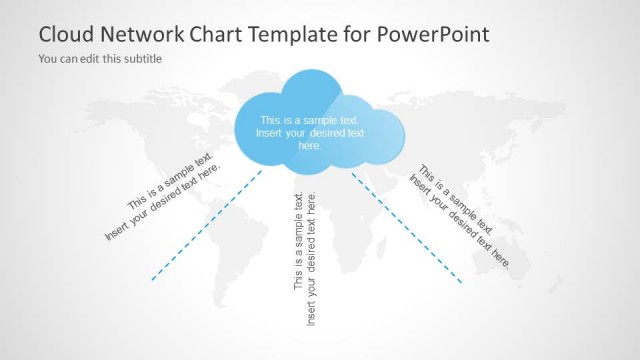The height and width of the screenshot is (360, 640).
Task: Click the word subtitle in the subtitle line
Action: click(x=141, y=59)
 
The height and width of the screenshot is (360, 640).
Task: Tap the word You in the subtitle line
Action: click(x=48, y=59)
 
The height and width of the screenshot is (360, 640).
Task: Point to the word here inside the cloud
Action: click(x=311, y=145)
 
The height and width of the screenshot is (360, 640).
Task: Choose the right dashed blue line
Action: click(x=407, y=227)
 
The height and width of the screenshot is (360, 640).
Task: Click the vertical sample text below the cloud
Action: click(x=305, y=255)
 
